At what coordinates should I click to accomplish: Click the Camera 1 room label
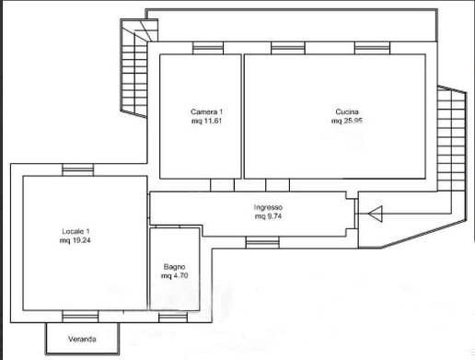pos(206,111)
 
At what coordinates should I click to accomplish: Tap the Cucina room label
pos(347,111)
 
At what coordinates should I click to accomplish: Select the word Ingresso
pos(268,207)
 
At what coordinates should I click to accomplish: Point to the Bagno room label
pos(174,266)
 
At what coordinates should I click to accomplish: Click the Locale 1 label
pos(75,231)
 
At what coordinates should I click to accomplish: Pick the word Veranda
pos(82,339)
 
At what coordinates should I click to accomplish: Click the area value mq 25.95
pos(347,121)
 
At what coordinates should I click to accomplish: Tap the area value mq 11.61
pos(206,121)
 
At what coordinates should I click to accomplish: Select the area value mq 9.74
pos(268,216)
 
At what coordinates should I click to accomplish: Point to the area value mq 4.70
pos(174,275)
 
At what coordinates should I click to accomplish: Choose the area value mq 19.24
pos(75,240)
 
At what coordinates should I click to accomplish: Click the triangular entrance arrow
pos(375,214)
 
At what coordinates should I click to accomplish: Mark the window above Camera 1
pos(208,48)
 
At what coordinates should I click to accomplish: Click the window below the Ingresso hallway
pos(262,242)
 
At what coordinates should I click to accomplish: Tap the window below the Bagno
pos(173,317)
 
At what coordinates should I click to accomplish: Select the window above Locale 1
pos(78,169)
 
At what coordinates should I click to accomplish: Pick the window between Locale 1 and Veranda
pos(80,317)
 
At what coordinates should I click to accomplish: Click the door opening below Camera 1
pos(222,185)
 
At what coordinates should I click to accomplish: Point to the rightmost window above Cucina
pos(372,48)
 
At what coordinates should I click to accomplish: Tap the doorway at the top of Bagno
pos(168,226)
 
